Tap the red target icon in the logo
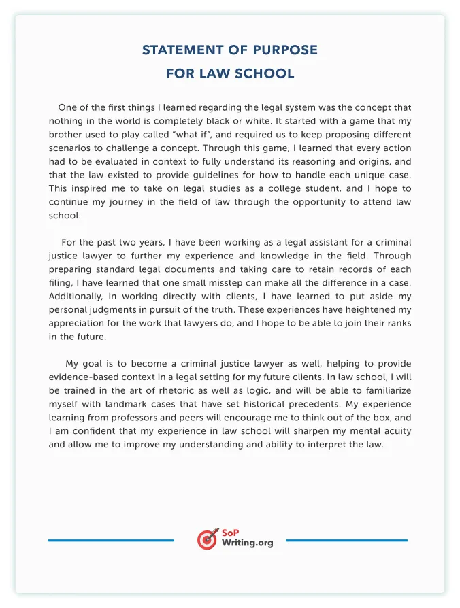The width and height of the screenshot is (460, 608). (207, 539)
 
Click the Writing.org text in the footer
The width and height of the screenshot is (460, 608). (247, 543)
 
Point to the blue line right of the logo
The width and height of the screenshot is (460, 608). (346, 541)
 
